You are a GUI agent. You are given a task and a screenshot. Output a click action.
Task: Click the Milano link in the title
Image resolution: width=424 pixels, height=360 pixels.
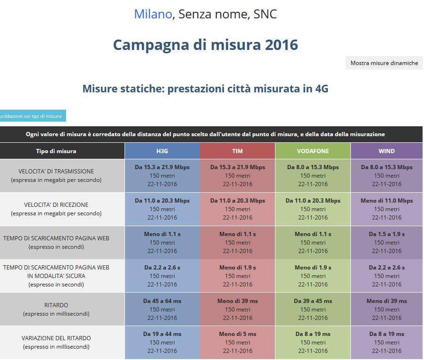[153, 15]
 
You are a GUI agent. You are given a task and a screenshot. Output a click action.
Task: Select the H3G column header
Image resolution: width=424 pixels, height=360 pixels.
[162, 151]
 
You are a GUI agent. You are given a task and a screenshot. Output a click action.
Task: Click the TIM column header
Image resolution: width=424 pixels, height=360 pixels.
[237, 151]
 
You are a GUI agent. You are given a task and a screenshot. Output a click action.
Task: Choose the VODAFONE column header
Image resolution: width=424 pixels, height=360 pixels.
[313, 151]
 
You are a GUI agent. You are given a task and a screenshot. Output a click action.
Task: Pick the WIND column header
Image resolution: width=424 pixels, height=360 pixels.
[386, 151]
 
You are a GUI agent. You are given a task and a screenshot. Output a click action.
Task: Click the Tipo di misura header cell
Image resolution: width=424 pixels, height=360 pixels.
[56, 151]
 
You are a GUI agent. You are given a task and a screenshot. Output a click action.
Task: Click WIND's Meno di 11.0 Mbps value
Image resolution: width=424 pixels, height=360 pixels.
[386, 201]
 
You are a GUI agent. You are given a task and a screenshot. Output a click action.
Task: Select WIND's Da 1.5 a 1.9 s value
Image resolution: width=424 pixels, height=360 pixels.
[386, 234]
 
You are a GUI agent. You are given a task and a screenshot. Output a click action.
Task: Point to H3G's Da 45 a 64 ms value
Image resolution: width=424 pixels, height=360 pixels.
[162, 301]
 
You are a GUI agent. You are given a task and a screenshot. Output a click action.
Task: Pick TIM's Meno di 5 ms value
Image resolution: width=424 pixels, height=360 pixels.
[237, 334]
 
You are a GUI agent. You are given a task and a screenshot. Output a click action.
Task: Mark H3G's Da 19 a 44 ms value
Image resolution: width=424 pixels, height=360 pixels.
[162, 334]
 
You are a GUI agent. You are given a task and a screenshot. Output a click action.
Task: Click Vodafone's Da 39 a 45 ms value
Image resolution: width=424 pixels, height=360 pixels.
[313, 301]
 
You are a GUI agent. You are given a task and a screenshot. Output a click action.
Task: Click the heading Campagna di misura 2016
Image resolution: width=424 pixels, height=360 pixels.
[205, 45]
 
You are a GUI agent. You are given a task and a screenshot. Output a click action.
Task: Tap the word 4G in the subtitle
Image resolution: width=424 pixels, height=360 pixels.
[321, 89]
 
